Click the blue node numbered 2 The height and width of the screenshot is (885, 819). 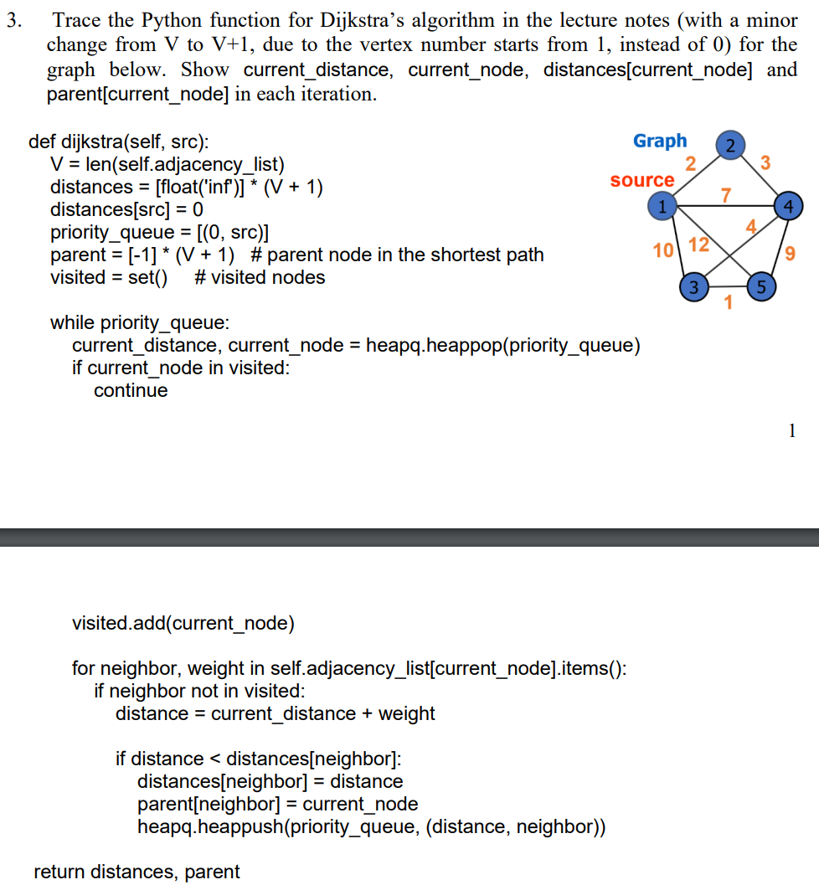tap(730, 145)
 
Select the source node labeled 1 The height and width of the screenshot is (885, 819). tap(662, 203)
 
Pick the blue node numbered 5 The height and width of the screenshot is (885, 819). tap(760, 286)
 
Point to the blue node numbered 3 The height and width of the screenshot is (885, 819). tap(693, 286)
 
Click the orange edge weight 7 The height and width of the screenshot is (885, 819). tap(726, 195)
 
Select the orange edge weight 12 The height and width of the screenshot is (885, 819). tap(698, 245)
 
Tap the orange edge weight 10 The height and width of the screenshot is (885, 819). tap(662, 250)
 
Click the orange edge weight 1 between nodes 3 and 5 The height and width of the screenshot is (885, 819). tap(728, 302)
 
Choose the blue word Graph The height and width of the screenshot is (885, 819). tap(660, 141)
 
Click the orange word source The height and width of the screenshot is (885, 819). tap(642, 180)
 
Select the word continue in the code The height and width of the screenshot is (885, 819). tap(131, 390)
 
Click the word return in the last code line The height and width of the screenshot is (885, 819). tap(59, 872)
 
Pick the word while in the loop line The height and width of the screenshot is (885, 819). tap(73, 322)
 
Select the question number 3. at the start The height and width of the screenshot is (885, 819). tap(13, 19)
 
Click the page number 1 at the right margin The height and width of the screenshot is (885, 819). tap(791, 430)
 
